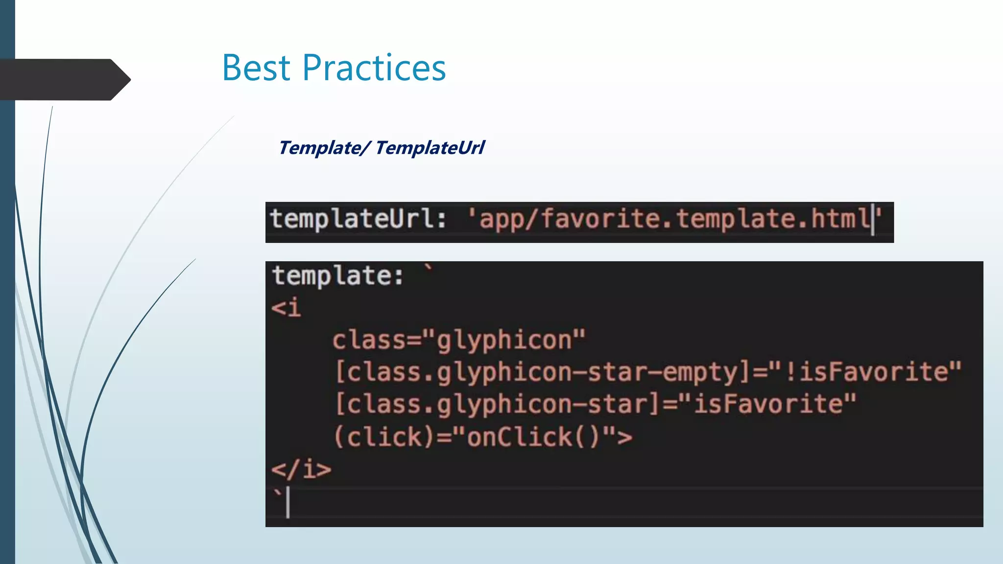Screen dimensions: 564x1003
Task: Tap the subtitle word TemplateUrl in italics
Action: pyautogui.click(x=430, y=147)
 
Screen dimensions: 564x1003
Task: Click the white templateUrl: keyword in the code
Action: pyautogui.click(x=358, y=218)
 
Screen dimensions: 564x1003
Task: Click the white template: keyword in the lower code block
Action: pyautogui.click(x=338, y=276)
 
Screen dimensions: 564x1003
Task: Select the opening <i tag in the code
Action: pyautogui.click(x=286, y=308)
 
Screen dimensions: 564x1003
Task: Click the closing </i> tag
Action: pyautogui.click(x=301, y=470)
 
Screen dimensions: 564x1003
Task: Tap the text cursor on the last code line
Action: pyautogui.click(x=288, y=502)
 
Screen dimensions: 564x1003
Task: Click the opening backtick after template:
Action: pyautogui.click(x=429, y=268)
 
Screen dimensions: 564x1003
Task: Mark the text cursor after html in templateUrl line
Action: pyautogui.click(x=873, y=219)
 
